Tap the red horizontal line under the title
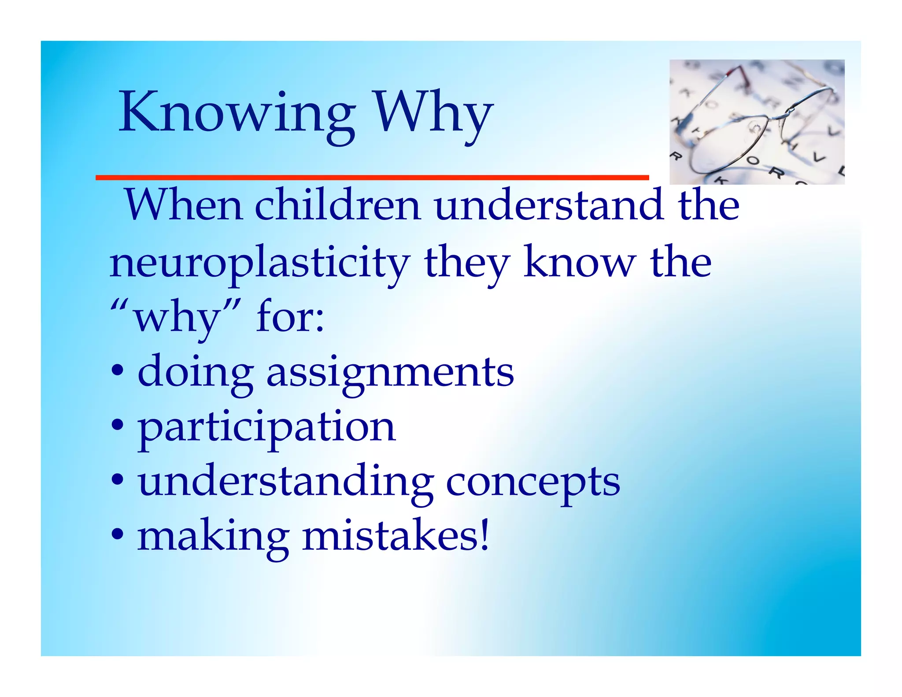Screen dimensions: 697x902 pyautogui.click(x=372, y=178)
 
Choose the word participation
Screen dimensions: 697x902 pyautogui.click(x=266, y=427)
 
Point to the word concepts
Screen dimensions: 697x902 pyautogui.click(x=533, y=483)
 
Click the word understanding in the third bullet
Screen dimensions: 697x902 pyautogui.click(x=285, y=482)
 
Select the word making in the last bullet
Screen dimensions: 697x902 pyautogui.click(x=213, y=538)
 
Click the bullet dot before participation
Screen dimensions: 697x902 pyautogui.click(x=118, y=426)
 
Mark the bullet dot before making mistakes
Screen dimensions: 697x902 pyautogui.click(x=118, y=535)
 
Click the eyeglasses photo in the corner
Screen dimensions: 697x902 pyautogui.click(x=757, y=122)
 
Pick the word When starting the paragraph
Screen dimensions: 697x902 pyautogui.click(x=184, y=205)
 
